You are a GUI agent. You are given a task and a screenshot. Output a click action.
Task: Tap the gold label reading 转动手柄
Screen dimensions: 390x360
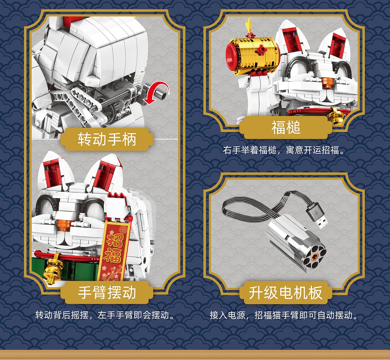107,139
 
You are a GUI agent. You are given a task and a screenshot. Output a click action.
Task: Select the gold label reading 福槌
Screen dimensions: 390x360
286,127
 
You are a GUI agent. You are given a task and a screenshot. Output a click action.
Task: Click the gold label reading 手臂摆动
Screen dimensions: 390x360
107,293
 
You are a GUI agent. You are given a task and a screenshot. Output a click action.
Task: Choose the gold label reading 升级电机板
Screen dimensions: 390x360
286,293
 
